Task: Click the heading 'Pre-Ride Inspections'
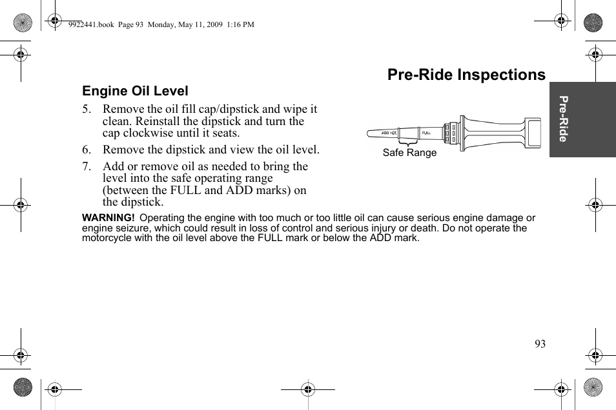(x=466, y=75)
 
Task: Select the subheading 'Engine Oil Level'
(x=135, y=92)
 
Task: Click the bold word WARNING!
(x=108, y=219)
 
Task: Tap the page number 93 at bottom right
(x=540, y=344)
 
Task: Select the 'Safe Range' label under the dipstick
(x=409, y=153)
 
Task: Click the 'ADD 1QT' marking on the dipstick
(x=389, y=133)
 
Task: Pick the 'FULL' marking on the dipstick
(x=426, y=133)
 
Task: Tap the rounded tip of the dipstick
(x=370, y=133)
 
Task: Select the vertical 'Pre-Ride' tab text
(x=564, y=119)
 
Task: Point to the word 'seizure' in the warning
(x=128, y=228)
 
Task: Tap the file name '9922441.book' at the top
(x=90, y=25)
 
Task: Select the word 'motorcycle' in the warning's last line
(x=105, y=238)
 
